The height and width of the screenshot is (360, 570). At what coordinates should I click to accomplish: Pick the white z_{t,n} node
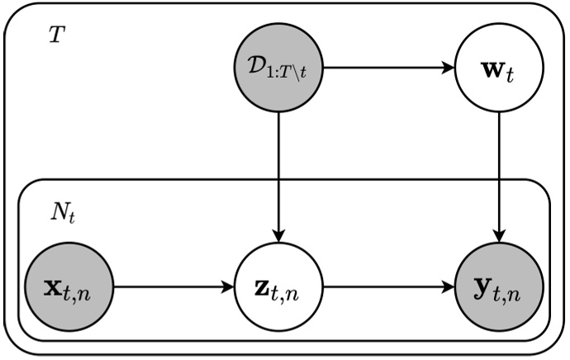tap(280, 289)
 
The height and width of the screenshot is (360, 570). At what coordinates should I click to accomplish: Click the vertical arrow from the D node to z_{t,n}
tap(280, 173)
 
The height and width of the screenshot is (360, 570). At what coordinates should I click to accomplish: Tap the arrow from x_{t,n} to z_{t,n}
tap(173, 289)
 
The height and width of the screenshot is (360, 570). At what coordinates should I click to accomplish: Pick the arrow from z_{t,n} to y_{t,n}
tap(388, 289)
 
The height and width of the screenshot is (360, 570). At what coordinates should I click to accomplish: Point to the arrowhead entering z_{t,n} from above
tap(280, 238)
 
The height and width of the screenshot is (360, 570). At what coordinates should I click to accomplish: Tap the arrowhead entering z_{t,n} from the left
tap(229, 289)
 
